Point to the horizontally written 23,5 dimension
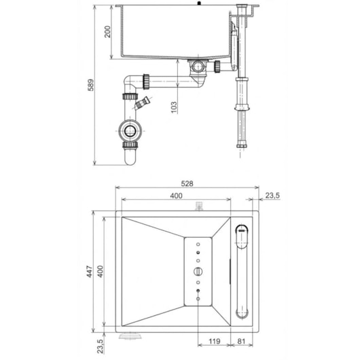272,196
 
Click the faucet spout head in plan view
241,234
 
